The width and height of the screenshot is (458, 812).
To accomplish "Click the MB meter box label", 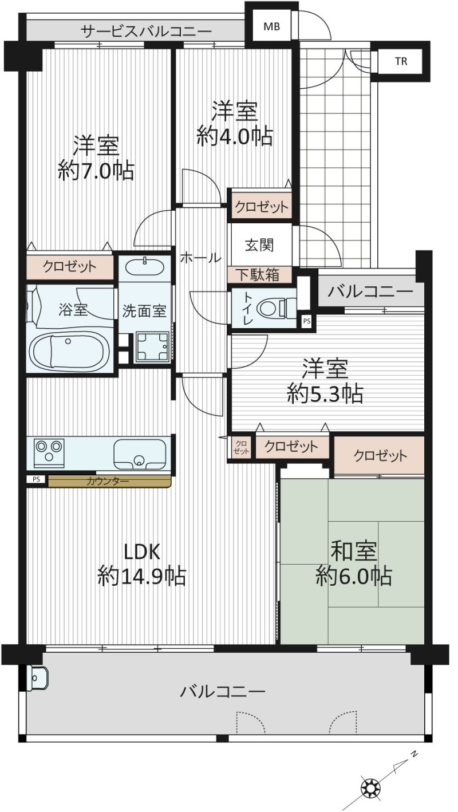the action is (271, 26).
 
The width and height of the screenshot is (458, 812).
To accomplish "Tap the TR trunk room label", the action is (401, 61).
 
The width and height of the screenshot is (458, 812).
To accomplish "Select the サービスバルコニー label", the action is (145, 31).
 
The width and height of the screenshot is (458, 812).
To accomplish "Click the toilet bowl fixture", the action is (276, 308).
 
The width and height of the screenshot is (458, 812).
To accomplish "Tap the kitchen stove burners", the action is (49, 453).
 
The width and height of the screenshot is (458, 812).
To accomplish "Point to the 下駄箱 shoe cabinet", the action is (259, 275).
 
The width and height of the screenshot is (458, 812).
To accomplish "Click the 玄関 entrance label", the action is (259, 246).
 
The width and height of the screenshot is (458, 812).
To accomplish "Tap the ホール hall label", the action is (200, 258).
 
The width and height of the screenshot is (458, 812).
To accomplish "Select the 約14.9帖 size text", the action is (141, 576).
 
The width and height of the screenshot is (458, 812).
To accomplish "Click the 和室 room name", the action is (354, 551).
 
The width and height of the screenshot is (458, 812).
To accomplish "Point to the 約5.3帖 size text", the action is (325, 393).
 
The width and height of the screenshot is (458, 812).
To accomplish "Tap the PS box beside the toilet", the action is (306, 321).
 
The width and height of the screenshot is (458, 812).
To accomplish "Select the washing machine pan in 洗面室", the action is (152, 347).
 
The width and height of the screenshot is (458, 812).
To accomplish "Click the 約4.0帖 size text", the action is (234, 136).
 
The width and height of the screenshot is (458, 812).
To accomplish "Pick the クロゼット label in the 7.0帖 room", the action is (70, 267).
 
